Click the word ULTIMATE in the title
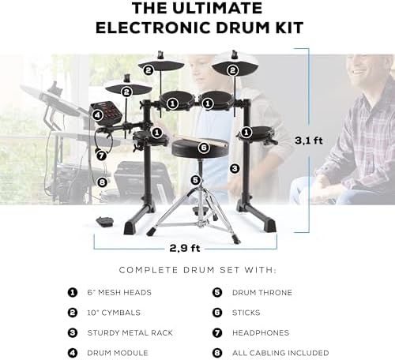click(217, 8)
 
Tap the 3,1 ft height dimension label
click(309, 141)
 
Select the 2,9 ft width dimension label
click(185, 248)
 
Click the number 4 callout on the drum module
click(97, 115)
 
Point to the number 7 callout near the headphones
click(101, 156)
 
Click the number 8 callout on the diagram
click(102, 182)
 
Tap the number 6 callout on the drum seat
click(204, 148)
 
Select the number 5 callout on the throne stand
click(195, 180)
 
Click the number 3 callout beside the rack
click(235, 168)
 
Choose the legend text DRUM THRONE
click(262, 293)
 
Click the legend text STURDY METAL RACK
click(130, 332)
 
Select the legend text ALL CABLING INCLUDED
click(280, 353)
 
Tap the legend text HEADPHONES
click(261, 332)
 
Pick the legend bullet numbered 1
click(73, 292)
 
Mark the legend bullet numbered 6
click(217, 313)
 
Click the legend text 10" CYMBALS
click(114, 313)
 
